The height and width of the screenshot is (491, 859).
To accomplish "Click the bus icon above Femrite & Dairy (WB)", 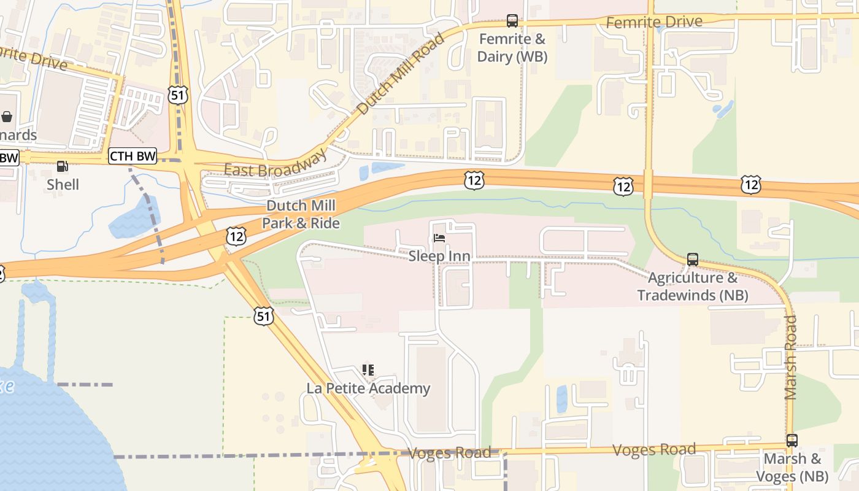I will click(x=512, y=21).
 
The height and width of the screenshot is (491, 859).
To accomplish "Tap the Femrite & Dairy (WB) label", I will click(x=512, y=48).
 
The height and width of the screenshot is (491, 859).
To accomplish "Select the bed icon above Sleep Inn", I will click(x=439, y=238).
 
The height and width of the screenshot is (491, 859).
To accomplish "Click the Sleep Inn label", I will click(x=439, y=256).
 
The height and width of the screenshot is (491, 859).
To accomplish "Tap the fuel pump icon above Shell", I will click(x=62, y=166).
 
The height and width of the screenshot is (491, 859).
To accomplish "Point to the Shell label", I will click(x=63, y=184).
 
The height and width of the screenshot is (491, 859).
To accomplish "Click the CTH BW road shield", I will click(x=133, y=156).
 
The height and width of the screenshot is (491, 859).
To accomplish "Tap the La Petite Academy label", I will click(x=368, y=388).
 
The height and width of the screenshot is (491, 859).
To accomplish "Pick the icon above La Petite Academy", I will click(x=368, y=369).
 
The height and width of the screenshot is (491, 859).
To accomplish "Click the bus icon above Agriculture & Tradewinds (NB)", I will click(x=693, y=260).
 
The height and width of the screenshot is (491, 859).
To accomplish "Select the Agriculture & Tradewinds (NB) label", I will click(x=693, y=287).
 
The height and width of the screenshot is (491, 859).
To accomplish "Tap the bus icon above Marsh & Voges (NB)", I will click(x=792, y=440).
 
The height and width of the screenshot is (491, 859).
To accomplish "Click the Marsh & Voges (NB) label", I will click(x=793, y=467).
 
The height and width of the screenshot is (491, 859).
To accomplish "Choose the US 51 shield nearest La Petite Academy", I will click(x=263, y=316).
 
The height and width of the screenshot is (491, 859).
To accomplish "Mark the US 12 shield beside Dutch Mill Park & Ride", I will click(x=236, y=236).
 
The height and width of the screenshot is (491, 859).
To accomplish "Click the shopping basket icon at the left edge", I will click(x=7, y=116).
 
